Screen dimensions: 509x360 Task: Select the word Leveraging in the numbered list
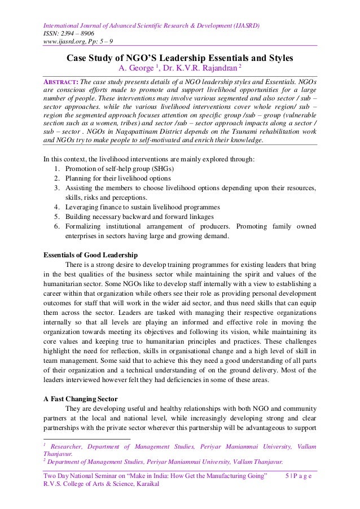[x=85, y=208]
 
